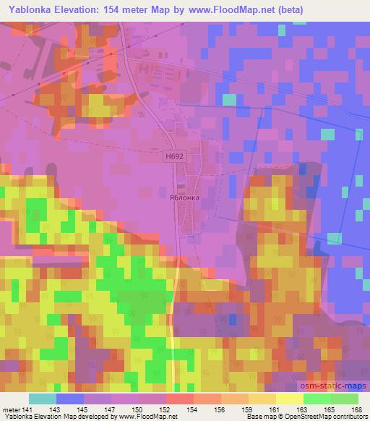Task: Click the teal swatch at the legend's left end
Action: [43, 399]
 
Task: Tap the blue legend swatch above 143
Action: [70, 399]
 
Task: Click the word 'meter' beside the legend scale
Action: [13, 409]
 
